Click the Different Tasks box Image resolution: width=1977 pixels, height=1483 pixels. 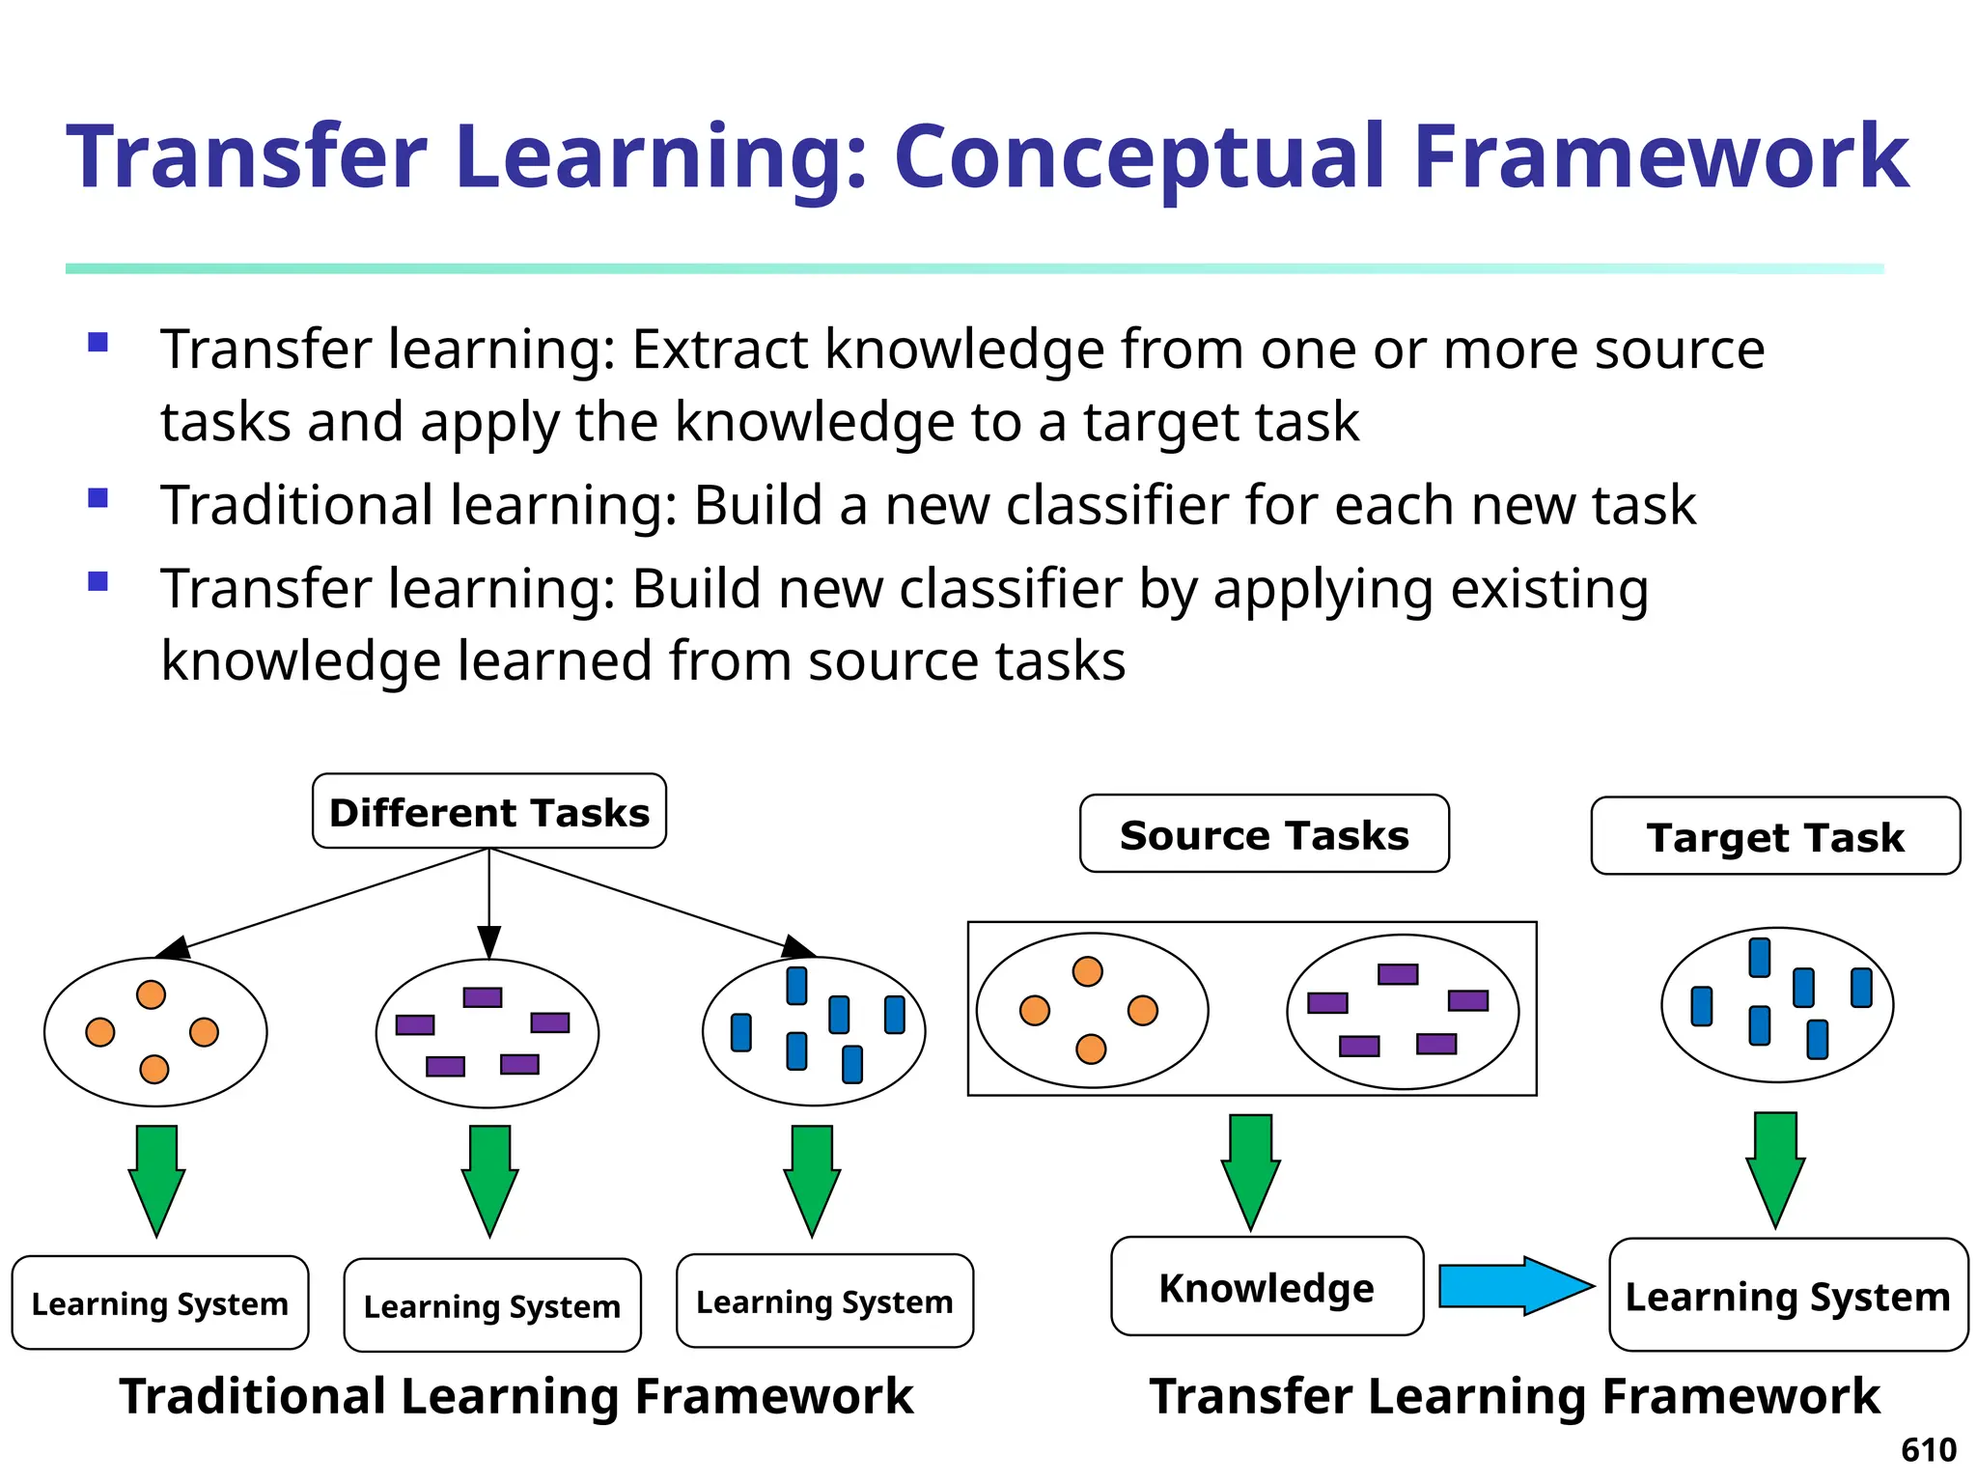[488, 812]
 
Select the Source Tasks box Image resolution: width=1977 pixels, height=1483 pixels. [1264, 834]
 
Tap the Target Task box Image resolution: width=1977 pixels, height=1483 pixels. [1775, 836]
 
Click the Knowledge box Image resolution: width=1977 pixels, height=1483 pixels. [1267, 1287]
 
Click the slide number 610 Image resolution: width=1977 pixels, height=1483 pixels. [1928, 1450]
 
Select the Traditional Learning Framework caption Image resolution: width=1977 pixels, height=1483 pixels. [515, 1396]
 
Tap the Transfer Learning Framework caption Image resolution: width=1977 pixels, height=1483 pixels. [1514, 1396]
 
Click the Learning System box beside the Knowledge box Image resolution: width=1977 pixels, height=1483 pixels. [1788, 1296]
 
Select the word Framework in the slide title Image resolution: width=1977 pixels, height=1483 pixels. [1660, 157]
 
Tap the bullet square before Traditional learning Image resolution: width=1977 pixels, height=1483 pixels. [97, 498]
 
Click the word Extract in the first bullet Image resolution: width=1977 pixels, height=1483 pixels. [719, 350]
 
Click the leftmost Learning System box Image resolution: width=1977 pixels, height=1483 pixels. [160, 1302]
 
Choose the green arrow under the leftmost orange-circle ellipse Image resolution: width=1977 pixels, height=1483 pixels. [156, 1179]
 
